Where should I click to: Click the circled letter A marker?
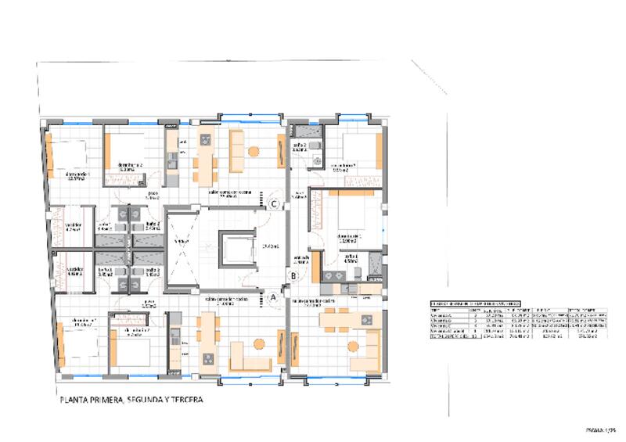273,297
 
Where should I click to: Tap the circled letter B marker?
292,275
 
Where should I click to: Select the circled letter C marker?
274,204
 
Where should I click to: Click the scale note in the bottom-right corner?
601,429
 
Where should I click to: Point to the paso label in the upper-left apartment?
153,196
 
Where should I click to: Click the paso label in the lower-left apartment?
148,304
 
